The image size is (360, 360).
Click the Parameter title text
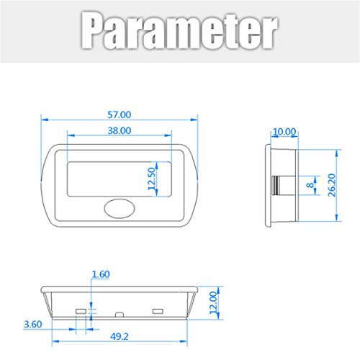point(179,30)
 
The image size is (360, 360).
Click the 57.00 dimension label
point(120,114)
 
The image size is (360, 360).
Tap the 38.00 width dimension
point(120,130)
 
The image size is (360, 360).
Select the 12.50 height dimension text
point(152,179)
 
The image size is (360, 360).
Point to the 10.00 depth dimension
point(284,132)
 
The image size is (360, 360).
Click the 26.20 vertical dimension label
point(332,185)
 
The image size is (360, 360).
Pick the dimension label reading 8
point(310,185)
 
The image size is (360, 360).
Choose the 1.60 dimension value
point(101,274)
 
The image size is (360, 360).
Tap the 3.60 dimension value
point(33,324)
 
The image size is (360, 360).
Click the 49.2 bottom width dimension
point(120,336)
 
